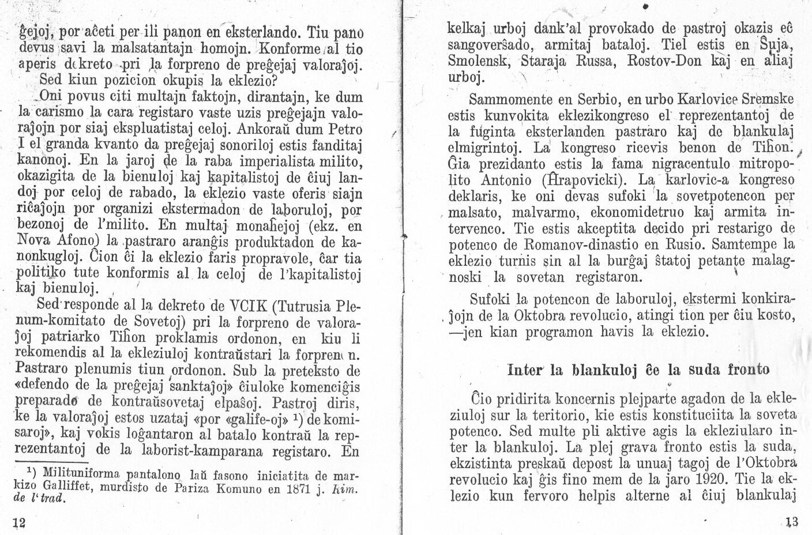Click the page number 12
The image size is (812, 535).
click(20, 522)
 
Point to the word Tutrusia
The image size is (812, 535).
click(303, 305)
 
